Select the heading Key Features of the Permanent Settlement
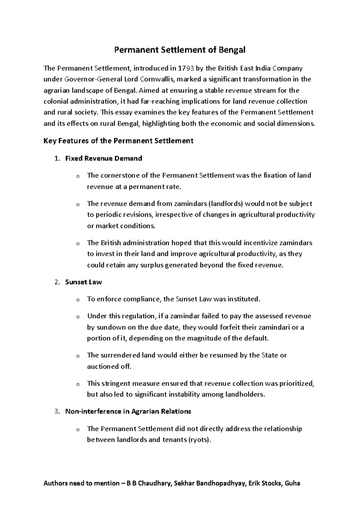coord(118,141)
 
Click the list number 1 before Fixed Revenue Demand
coord(57,158)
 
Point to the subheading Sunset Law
coord(83,282)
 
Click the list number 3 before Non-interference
coord(57,411)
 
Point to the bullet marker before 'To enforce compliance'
coord(78,300)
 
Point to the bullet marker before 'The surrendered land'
coord(78,356)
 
